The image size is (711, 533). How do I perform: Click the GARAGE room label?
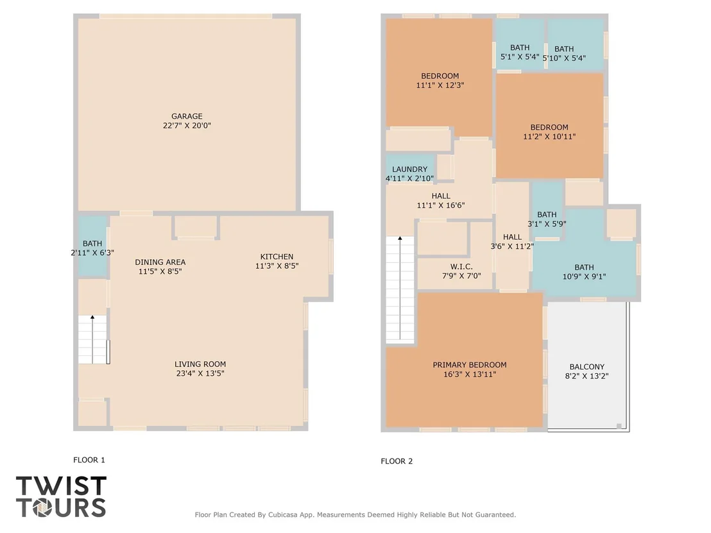click(x=187, y=117)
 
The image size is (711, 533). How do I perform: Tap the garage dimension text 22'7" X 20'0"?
click(x=187, y=126)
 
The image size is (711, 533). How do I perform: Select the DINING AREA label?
click(x=160, y=262)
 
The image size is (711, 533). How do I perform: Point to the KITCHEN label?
click(x=277, y=257)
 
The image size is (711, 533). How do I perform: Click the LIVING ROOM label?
click(x=200, y=364)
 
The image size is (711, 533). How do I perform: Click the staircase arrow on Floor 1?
click(x=92, y=339)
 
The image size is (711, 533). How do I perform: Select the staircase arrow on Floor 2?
click(x=400, y=287)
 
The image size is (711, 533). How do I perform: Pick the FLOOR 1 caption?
click(x=89, y=460)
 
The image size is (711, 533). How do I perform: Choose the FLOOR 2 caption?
click(x=397, y=461)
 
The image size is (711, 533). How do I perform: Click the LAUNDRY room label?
click(x=409, y=169)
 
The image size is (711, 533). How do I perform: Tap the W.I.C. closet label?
click(x=461, y=267)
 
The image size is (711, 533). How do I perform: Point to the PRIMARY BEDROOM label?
click(x=469, y=365)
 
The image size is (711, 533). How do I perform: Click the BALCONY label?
click(x=587, y=367)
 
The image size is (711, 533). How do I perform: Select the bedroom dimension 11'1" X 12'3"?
click(x=440, y=85)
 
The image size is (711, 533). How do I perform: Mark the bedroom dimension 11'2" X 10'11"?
click(x=549, y=137)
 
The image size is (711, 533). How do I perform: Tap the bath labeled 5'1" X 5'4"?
click(x=520, y=52)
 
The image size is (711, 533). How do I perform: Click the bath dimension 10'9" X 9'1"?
click(x=584, y=276)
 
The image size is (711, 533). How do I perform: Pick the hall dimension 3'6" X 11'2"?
click(x=512, y=246)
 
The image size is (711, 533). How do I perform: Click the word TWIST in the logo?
click(x=61, y=486)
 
